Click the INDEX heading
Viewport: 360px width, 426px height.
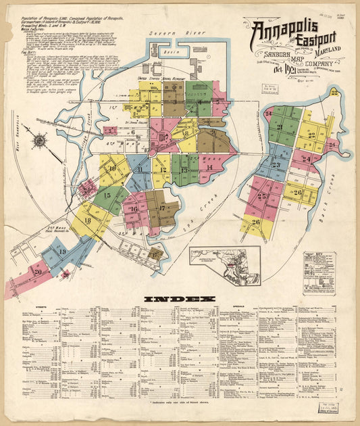(x=179, y=298)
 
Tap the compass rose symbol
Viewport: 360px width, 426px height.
(x=40, y=141)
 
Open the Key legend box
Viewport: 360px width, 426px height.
(x=319, y=270)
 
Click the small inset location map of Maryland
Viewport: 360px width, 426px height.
(x=224, y=266)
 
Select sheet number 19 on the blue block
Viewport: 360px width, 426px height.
(x=63, y=252)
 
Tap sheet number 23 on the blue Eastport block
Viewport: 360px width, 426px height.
(x=276, y=164)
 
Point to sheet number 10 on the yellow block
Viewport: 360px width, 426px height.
(x=112, y=168)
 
